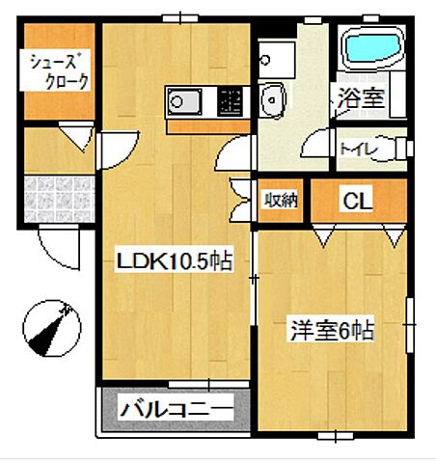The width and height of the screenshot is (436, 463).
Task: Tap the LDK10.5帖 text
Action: (x=175, y=260)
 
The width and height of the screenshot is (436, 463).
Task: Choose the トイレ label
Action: (x=351, y=149)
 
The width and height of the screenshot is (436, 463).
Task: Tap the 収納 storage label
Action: (x=281, y=201)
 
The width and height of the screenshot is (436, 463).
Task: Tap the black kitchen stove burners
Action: (x=230, y=99)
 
